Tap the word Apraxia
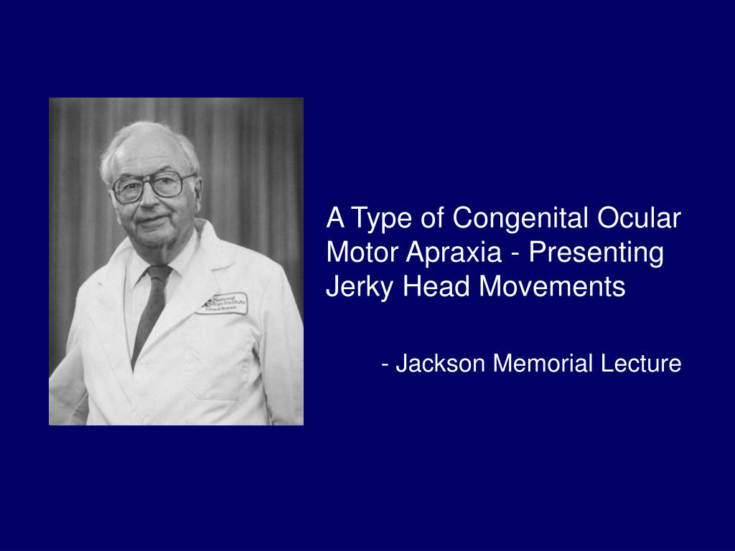452,253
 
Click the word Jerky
360,287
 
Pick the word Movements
552,287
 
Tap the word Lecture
640,364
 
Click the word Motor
362,253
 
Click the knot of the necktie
158,273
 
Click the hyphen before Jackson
386,364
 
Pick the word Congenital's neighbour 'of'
433,218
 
